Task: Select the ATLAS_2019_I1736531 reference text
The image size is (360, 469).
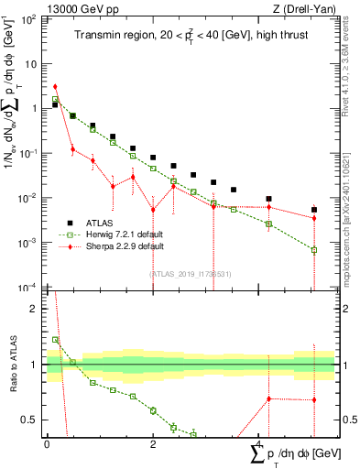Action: [191, 272]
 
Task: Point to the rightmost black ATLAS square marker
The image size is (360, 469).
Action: [313, 210]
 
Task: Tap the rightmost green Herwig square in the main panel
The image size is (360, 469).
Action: [313, 249]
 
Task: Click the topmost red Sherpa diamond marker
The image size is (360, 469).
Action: [55, 86]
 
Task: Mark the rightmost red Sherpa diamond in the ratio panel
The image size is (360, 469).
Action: [313, 399]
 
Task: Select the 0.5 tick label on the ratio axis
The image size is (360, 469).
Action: [30, 420]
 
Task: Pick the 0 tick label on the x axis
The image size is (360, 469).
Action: [47, 444]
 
